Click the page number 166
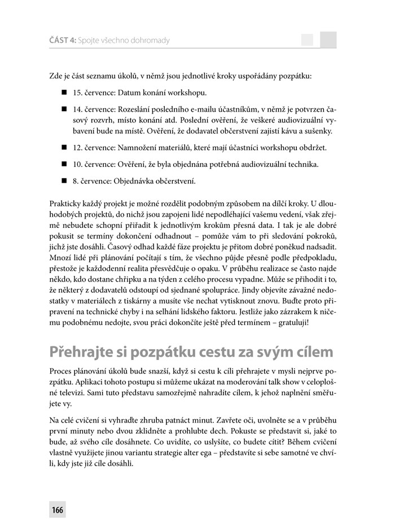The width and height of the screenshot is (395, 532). tap(57, 510)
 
